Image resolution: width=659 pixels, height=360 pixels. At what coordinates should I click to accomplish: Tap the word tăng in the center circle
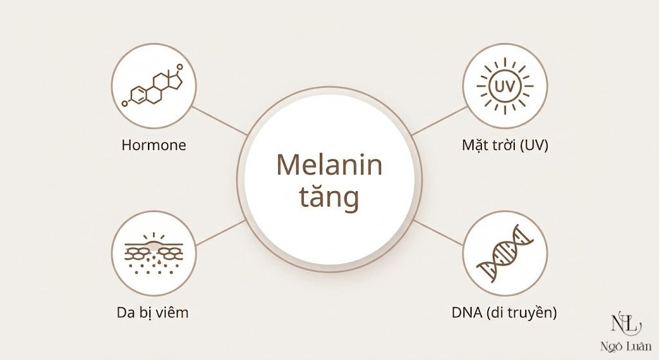pyautogui.click(x=329, y=198)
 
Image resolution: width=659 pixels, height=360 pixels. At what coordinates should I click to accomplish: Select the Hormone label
pyautogui.click(x=154, y=145)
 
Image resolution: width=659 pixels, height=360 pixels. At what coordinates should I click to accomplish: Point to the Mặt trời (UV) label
pyautogui.click(x=505, y=145)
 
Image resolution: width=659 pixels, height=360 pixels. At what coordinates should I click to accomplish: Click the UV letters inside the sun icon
pyautogui.click(x=505, y=86)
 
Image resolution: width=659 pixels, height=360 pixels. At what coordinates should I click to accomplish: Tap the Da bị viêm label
pyautogui.click(x=153, y=314)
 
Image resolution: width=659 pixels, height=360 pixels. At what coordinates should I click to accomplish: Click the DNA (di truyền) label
pyautogui.click(x=505, y=314)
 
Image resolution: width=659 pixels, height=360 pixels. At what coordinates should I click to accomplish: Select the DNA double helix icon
pyautogui.click(x=505, y=255)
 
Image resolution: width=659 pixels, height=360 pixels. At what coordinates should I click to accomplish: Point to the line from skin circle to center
pyautogui.click(x=219, y=233)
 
